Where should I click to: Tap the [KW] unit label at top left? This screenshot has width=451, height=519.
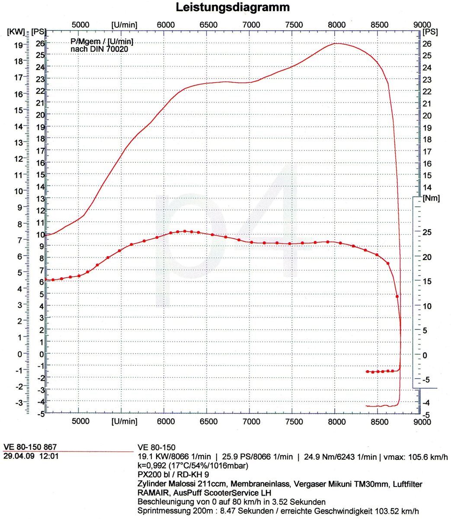[16, 32]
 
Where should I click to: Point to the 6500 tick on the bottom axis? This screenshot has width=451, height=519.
[208, 421]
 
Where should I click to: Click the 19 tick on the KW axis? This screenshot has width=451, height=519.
[18, 45]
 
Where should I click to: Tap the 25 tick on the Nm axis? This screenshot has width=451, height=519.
[425, 232]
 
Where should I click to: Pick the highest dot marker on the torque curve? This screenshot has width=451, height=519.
[185, 231]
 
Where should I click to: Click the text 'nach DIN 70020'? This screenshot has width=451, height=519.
[99, 49]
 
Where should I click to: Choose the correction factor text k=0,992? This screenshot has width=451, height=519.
[152, 466]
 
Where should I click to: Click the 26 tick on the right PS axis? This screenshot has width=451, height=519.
[427, 44]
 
